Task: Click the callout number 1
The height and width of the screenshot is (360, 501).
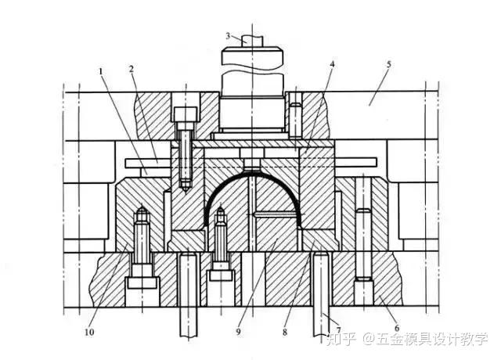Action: tap(102, 71)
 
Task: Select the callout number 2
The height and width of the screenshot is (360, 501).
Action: tap(132, 68)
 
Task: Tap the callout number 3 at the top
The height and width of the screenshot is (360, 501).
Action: tap(228, 36)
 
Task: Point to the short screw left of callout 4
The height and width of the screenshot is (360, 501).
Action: tap(294, 115)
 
